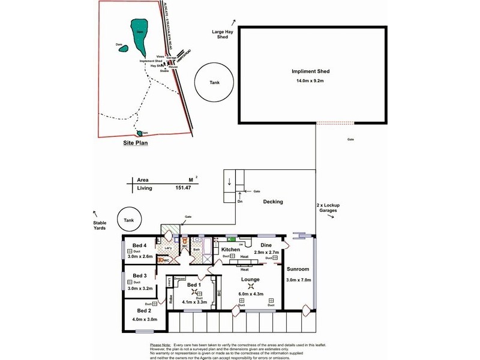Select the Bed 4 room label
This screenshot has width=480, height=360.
(140, 245)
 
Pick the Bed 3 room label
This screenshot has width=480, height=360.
(140, 276)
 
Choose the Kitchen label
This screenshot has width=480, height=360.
(231, 249)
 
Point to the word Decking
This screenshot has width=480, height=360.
(272, 202)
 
